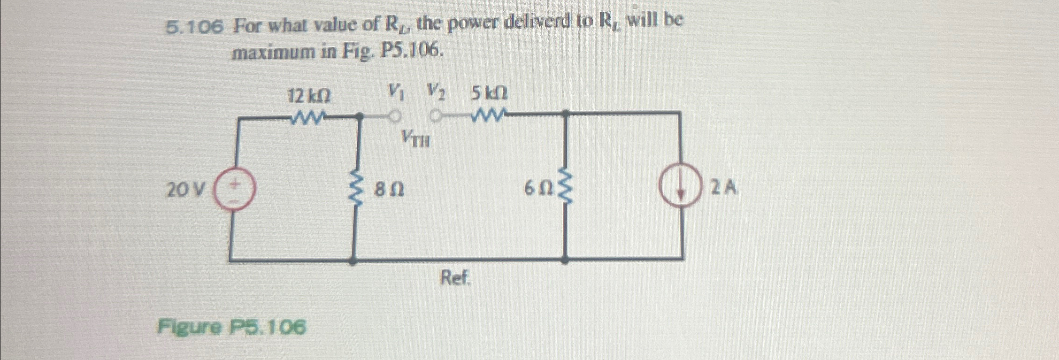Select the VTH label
[x=415, y=139]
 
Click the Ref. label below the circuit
[x=455, y=279]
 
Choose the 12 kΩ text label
[x=309, y=96]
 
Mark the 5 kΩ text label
[x=489, y=94]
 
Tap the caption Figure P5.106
[x=232, y=327]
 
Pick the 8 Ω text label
[x=390, y=190]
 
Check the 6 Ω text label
[x=538, y=189]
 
